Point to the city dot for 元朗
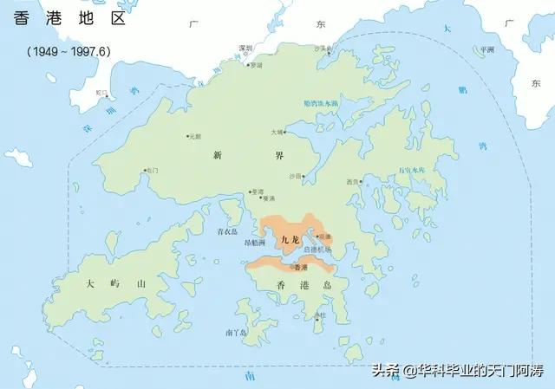click(x=187, y=136)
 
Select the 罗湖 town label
click(x=257, y=65)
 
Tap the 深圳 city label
click(x=246, y=49)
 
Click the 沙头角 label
click(x=323, y=49)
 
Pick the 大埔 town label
click(x=276, y=133)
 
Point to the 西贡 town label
click(x=352, y=182)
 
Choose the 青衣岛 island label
click(x=226, y=232)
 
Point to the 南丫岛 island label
click(x=236, y=332)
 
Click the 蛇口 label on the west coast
click(x=102, y=92)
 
